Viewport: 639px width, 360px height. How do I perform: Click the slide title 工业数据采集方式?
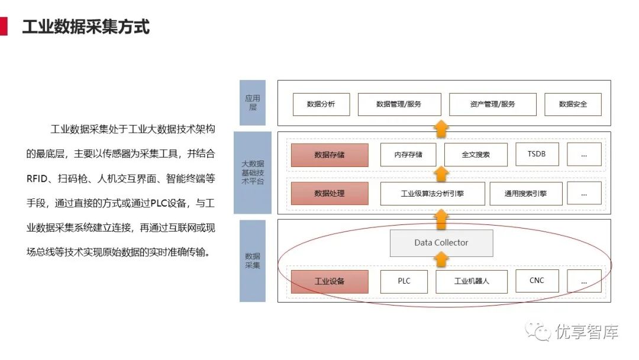86,27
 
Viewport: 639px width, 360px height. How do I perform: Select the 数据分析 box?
321,104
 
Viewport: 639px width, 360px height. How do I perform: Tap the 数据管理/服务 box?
399,104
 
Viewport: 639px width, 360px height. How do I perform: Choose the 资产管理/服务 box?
492,104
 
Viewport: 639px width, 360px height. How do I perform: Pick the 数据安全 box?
573,104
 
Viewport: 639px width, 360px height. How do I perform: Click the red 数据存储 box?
330,155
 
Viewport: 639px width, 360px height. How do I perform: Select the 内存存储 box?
408,155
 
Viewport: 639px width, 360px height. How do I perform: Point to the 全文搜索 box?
476,155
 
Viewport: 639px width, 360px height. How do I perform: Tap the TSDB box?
537,155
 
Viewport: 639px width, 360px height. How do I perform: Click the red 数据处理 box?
330,194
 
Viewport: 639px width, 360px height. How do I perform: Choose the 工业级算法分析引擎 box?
433,194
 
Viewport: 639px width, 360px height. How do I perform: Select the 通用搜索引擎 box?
525,194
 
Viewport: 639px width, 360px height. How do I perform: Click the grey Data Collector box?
441,243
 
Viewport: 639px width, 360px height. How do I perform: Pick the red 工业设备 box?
330,281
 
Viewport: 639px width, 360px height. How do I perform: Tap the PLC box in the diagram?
404,281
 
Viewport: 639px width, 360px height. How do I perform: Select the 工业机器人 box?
472,281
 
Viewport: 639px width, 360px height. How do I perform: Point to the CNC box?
537,281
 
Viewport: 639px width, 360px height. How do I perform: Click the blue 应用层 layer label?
252,103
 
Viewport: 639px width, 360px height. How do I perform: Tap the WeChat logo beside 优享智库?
540,332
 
